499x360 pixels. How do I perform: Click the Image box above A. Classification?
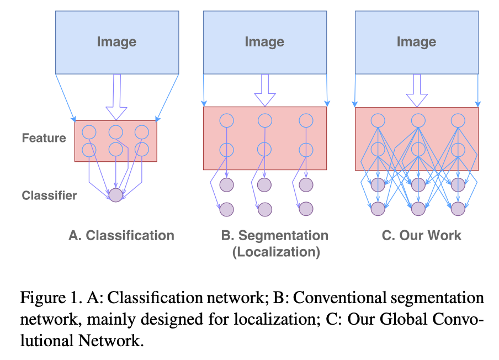(116, 42)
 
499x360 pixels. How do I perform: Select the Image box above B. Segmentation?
(264, 42)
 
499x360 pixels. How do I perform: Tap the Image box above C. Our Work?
(416, 42)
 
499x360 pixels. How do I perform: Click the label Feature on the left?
(44, 138)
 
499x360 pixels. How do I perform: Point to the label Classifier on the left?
(49, 195)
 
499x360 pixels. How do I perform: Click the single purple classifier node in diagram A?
(115, 195)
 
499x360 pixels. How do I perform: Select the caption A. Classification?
(121, 236)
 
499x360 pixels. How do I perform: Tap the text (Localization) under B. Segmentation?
(275, 253)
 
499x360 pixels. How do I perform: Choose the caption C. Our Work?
(421, 236)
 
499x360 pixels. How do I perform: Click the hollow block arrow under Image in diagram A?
(116, 97)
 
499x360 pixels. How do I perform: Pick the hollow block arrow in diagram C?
(417, 89)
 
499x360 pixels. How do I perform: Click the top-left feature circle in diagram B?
(225, 120)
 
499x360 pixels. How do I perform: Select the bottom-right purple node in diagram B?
(305, 209)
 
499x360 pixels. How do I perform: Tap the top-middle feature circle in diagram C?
(417, 120)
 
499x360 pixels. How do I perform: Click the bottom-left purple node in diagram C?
(377, 209)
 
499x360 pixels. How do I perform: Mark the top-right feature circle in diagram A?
(142, 132)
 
